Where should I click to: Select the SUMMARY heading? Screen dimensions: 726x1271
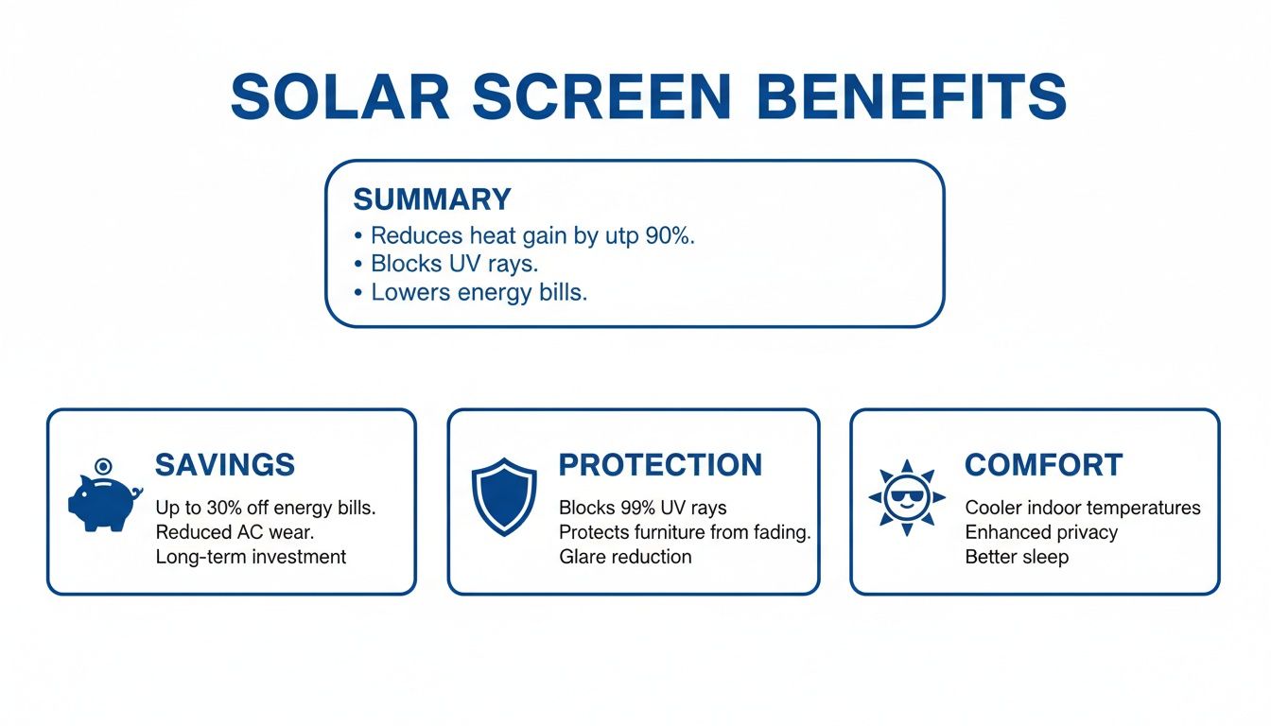[x=431, y=199]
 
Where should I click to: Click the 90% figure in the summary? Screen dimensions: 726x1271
[x=669, y=235]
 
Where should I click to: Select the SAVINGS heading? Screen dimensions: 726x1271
[x=225, y=464]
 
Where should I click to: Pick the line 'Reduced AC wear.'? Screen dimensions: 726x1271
[x=235, y=532]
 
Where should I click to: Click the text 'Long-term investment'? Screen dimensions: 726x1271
[x=251, y=557]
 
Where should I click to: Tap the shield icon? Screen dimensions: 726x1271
[x=504, y=495]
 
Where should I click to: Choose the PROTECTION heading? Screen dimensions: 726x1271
[x=660, y=464]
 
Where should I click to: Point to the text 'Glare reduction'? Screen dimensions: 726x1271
[x=625, y=557]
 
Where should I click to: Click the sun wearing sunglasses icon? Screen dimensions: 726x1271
[x=906, y=497]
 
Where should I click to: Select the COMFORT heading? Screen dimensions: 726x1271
[x=1043, y=464]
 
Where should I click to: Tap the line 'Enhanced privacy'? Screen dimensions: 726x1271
[x=1041, y=532]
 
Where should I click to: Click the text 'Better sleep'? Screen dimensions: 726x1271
[x=1017, y=557]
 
